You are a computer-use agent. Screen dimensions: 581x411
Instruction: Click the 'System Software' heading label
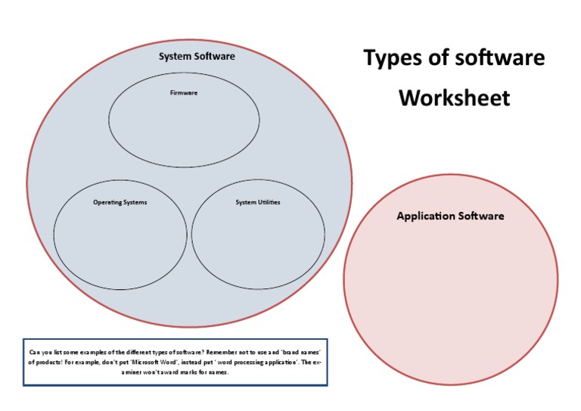(x=197, y=57)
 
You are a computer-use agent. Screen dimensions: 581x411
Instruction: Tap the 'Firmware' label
(x=184, y=93)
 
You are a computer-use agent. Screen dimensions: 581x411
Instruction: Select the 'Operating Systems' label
(x=120, y=203)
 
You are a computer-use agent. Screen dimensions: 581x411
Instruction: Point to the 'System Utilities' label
(x=258, y=203)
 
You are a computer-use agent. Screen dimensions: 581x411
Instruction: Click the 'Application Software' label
(x=450, y=216)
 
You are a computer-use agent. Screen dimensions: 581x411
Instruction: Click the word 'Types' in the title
(x=394, y=58)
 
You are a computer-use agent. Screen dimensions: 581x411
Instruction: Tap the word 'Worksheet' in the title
(x=454, y=98)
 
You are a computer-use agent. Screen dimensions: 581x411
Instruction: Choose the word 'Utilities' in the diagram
(x=269, y=203)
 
